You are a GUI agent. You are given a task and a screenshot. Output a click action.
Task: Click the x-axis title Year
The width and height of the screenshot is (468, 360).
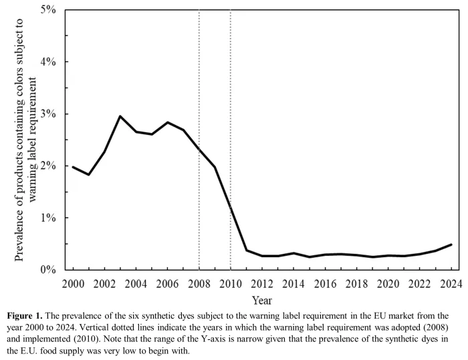click(261, 300)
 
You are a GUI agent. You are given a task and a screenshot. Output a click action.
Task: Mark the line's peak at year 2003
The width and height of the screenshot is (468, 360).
click(120, 116)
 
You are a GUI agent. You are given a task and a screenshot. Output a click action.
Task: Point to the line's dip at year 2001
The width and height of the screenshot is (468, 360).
click(89, 174)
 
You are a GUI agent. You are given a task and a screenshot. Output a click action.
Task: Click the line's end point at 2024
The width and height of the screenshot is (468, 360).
click(451, 244)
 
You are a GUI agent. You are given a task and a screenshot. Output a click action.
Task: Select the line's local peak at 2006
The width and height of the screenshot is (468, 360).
click(168, 122)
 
